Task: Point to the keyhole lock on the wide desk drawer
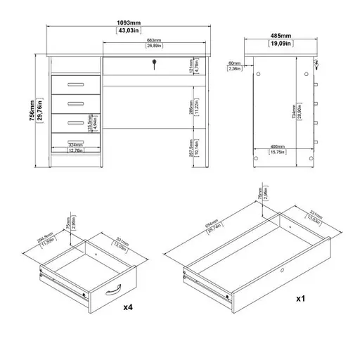(154, 67)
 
